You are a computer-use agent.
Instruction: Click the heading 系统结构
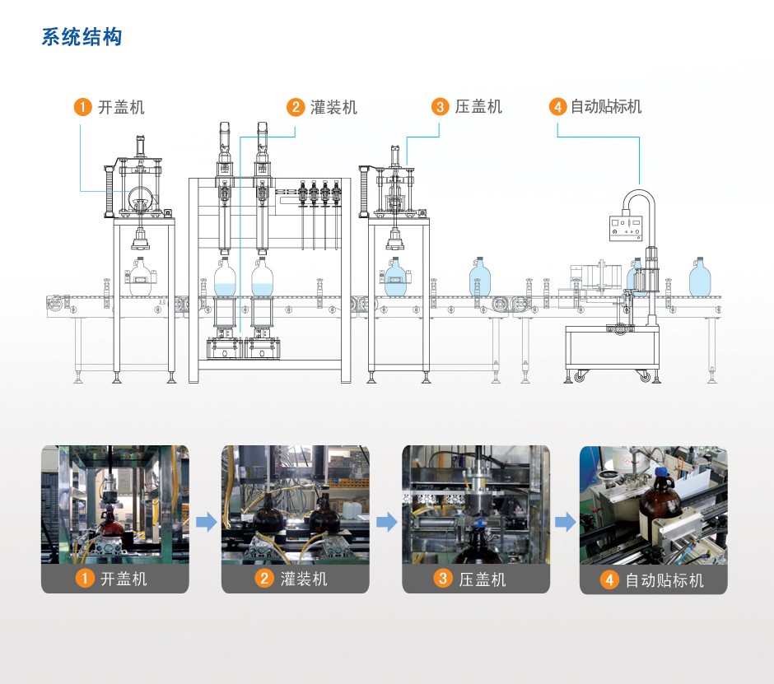(x=82, y=37)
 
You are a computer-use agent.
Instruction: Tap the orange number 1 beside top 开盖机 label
(x=82, y=107)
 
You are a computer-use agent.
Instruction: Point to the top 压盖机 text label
(x=478, y=107)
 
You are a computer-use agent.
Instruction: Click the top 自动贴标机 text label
(x=606, y=107)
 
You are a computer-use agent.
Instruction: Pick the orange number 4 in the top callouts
(x=558, y=107)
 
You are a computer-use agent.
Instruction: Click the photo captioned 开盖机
(x=114, y=505)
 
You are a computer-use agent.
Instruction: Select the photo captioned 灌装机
(x=295, y=505)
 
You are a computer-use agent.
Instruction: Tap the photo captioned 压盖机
(x=475, y=505)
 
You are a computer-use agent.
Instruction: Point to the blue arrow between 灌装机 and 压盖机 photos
(x=385, y=522)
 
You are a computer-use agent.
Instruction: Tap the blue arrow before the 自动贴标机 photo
(x=565, y=522)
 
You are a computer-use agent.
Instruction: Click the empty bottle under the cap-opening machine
(x=141, y=277)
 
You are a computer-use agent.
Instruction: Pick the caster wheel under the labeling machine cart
(x=645, y=376)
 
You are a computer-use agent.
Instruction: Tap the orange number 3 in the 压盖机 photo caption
(x=444, y=579)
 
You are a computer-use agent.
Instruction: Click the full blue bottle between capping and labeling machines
(x=480, y=277)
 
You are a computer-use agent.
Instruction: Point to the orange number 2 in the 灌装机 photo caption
(x=264, y=579)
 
